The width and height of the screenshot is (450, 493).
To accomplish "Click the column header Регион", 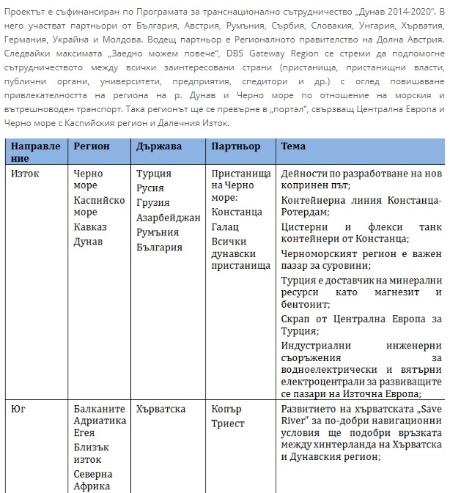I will click(x=92, y=147).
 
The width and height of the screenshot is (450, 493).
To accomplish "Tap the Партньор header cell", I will click(x=236, y=147).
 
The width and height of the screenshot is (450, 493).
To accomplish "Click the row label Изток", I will click(x=27, y=174).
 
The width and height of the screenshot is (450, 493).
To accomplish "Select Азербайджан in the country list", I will click(x=168, y=218).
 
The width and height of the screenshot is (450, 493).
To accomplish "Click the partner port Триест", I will click(x=227, y=424).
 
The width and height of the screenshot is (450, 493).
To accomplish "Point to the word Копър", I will click(x=226, y=409).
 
